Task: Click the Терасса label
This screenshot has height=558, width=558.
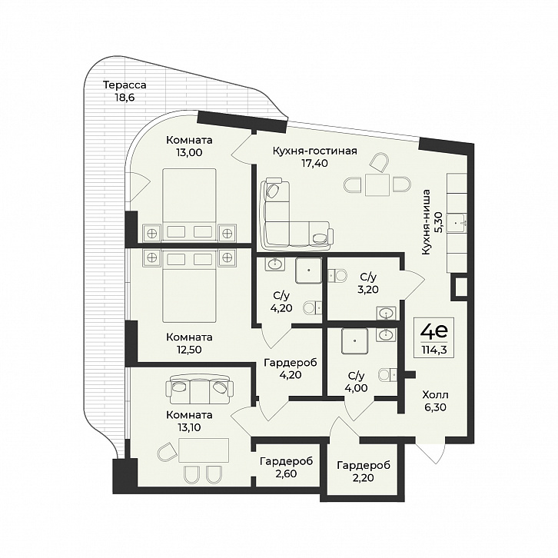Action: pos(125,85)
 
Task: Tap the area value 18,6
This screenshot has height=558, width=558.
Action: pos(125,98)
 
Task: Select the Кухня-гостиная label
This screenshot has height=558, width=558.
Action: pos(314,151)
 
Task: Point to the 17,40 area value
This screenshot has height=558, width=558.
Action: pos(314,164)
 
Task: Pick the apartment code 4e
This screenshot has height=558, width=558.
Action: pos(433,332)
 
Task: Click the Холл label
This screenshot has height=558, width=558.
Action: pos(435,394)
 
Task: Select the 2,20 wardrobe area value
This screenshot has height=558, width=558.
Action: pos(364,477)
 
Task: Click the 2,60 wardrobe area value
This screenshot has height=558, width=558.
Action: pos(286,473)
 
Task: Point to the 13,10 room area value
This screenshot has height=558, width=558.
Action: pos(188,427)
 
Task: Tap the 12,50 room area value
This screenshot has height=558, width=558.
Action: pos(188,350)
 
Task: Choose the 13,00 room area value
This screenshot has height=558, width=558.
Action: pos(188,153)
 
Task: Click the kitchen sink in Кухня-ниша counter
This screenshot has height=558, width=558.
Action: pos(457,223)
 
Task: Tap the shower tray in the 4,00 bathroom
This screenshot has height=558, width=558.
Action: pos(355,341)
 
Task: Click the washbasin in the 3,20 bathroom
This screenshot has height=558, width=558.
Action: pos(386,313)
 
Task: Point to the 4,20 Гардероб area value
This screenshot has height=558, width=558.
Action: pos(290,375)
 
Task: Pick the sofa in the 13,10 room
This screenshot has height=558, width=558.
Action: pos(199,389)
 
